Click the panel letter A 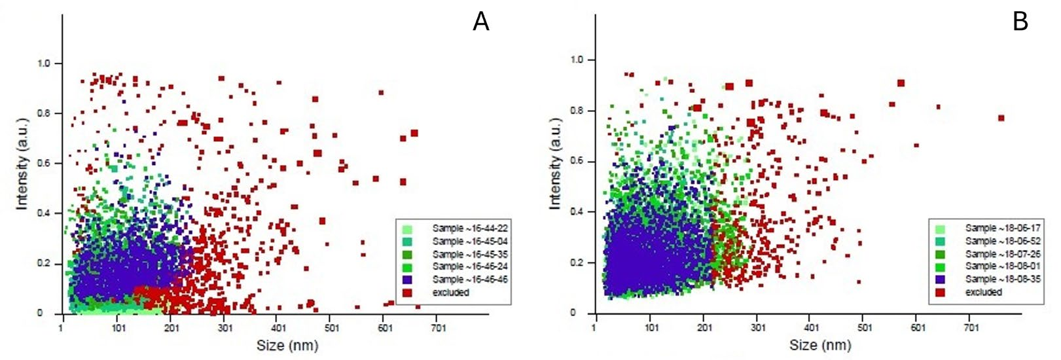(x=481, y=22)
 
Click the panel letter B (x=1020, y=22)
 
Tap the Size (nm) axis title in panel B (x=820, y=345)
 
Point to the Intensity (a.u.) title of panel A (x=23, y=164)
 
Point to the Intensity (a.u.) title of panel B (x=556, y=164)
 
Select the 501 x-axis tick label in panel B (x=865, y=327)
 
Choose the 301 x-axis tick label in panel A (x=225, y=327)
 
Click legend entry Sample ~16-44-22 (x=470, y=228)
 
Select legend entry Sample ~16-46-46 (x=470, y=279)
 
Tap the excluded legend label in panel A (x=451, y=293)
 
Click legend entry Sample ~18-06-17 (x=1003, y=228)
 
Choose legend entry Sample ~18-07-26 (x=1003, y=253)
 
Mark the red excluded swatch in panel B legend (x=941, y=292)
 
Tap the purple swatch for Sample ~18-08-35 (x=941, y=279)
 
